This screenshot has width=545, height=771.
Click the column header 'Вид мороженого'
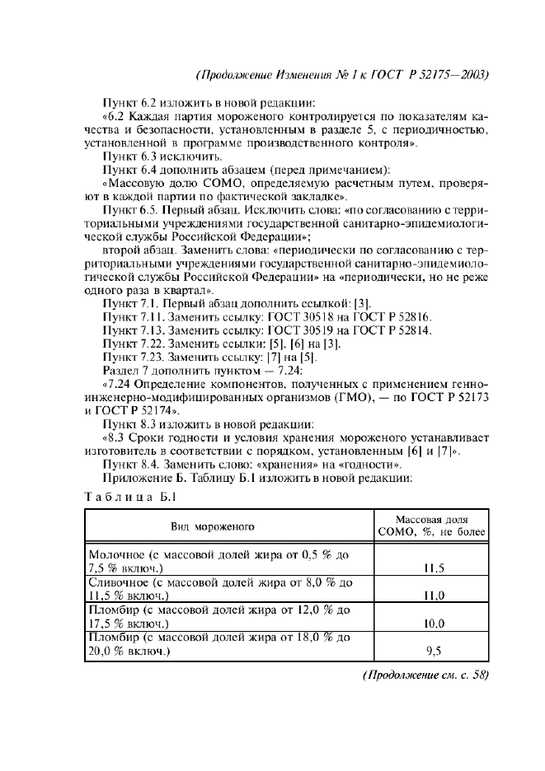click(213, 525)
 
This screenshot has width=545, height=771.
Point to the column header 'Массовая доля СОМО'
click(432, 526)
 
